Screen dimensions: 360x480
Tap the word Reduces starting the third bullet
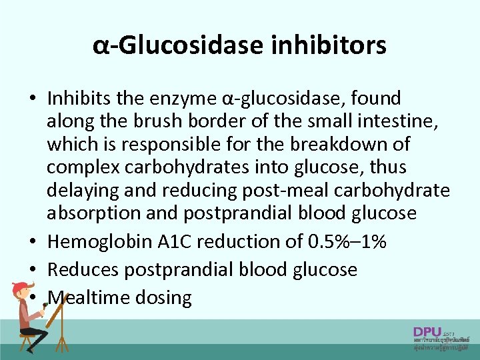[x=85, y=269]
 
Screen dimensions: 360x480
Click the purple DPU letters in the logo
[x=427, y=331]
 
